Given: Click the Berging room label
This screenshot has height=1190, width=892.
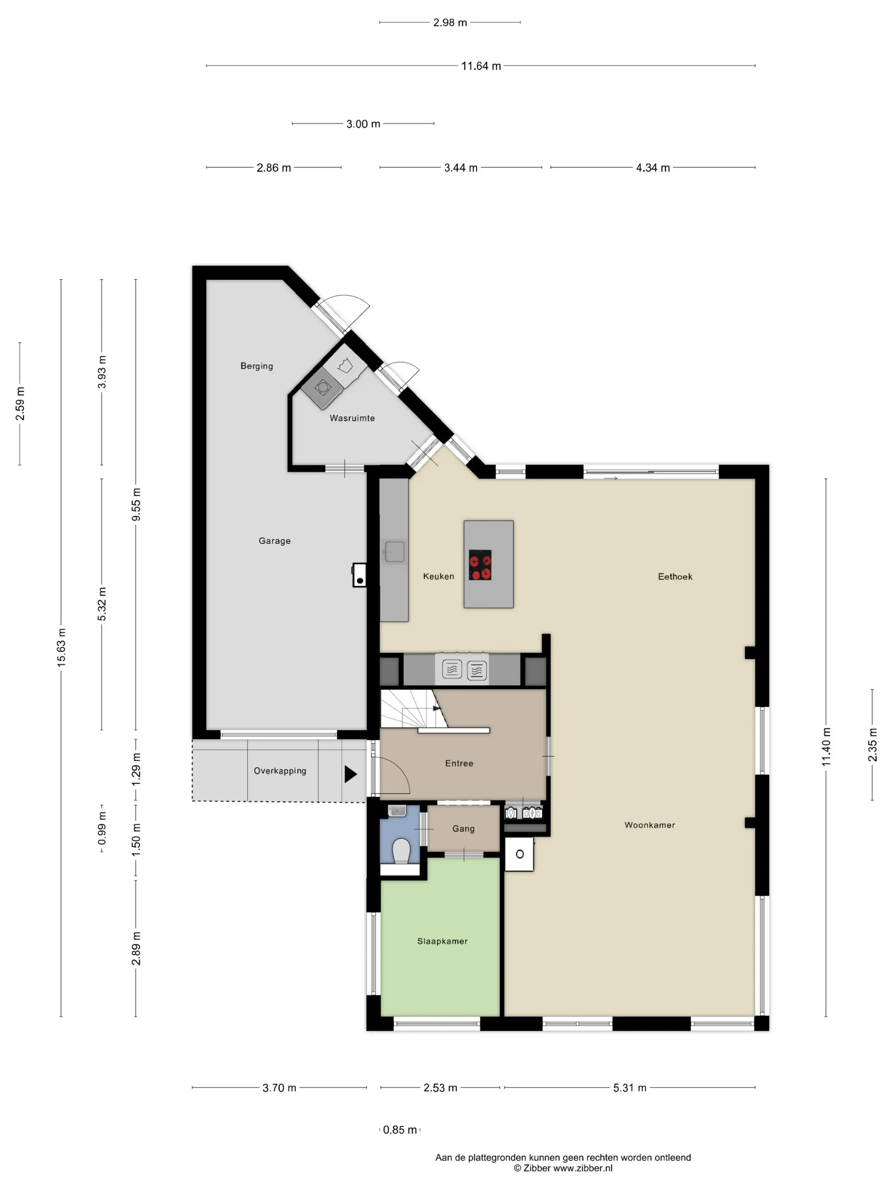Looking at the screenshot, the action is coord(257,366).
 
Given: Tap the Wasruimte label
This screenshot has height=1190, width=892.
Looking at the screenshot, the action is coord(352,418).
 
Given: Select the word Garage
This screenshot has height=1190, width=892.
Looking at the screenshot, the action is coord(275,541).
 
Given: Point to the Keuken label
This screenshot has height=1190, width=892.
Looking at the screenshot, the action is coord(439,576).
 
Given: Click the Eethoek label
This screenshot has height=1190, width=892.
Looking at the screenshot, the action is coord(675,577).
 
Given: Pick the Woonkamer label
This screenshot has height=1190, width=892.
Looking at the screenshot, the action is coord(649,825).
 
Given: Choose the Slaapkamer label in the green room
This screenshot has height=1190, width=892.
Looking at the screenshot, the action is coord(443,941).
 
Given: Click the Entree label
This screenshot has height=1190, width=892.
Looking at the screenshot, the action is coord(459,763).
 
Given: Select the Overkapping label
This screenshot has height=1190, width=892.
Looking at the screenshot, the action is coord(280,771).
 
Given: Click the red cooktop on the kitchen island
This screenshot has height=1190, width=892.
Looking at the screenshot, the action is coord(480,565).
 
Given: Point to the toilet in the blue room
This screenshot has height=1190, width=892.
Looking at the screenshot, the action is coord(401,850).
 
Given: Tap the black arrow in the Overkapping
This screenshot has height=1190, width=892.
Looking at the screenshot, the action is coord(350,774).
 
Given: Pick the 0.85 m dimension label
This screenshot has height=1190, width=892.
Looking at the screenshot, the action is coord(400,1130).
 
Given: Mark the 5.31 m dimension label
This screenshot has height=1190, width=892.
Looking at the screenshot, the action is coord(629,1088).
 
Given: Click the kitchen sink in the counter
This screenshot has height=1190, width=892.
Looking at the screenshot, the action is coord(394,552).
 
